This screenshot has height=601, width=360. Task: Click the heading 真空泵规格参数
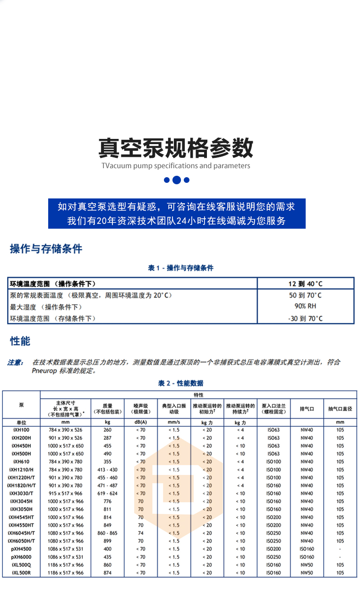click(176, 147)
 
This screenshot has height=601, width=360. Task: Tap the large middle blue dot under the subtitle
click(177, 180)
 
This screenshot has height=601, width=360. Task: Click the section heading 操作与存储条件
click(46, 249)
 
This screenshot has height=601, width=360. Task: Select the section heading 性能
click(20, 341)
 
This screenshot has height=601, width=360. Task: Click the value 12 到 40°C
click(305, 283)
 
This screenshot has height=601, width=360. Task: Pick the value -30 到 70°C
click(305, 318)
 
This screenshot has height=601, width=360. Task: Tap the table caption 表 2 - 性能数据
click(180, 383)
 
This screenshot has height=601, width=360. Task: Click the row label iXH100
click(21, 430)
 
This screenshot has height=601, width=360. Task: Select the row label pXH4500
click(21, 549)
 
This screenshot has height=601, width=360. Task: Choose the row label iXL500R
click(21, 573)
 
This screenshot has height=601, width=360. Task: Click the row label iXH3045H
click(21, 501)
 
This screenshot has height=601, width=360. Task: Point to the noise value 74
click(141, 533)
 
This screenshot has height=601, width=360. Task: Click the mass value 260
click(108, 430)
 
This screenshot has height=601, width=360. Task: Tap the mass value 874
click(108, 573)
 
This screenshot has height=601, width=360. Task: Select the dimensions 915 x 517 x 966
click(65, 493)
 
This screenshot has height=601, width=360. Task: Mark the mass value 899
click(108, 541)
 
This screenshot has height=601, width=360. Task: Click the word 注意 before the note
click(15, 362)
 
